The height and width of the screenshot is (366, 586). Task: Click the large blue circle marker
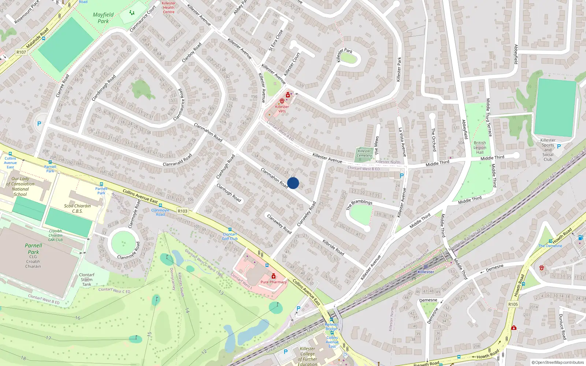tap(293, 183)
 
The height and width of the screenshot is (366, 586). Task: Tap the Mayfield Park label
tap(103, 18)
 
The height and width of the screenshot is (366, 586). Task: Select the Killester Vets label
tap(282, 109)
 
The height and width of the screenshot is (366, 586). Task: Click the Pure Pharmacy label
tap(274, 282)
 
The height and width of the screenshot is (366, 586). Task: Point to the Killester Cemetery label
tap(364, 153)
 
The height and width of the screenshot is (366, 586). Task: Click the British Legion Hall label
tap(480, 147)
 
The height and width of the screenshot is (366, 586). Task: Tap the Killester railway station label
tap(426, 272)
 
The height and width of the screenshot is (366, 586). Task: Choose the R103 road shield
tap(182, 211)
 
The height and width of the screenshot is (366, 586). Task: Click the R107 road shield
tap(21, 52)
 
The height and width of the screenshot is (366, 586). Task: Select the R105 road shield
tap(513, 305)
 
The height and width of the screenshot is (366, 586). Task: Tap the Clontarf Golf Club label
tap(230, 236)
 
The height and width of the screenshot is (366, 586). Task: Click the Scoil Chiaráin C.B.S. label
tap(77, 208)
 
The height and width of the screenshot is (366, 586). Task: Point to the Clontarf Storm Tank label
tap(87, 280)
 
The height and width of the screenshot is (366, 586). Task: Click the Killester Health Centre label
tap(169, 8)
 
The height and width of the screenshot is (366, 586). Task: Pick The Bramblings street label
tap(359, 205)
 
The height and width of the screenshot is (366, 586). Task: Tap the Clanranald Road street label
tap(177, 160)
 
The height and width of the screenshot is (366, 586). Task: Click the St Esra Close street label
tap(276, 41)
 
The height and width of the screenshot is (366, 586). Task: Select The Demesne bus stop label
tap(550, 246)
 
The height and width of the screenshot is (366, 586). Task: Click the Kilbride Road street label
tap(333, 247)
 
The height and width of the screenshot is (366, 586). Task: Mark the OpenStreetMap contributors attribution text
tap(558, 362)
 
